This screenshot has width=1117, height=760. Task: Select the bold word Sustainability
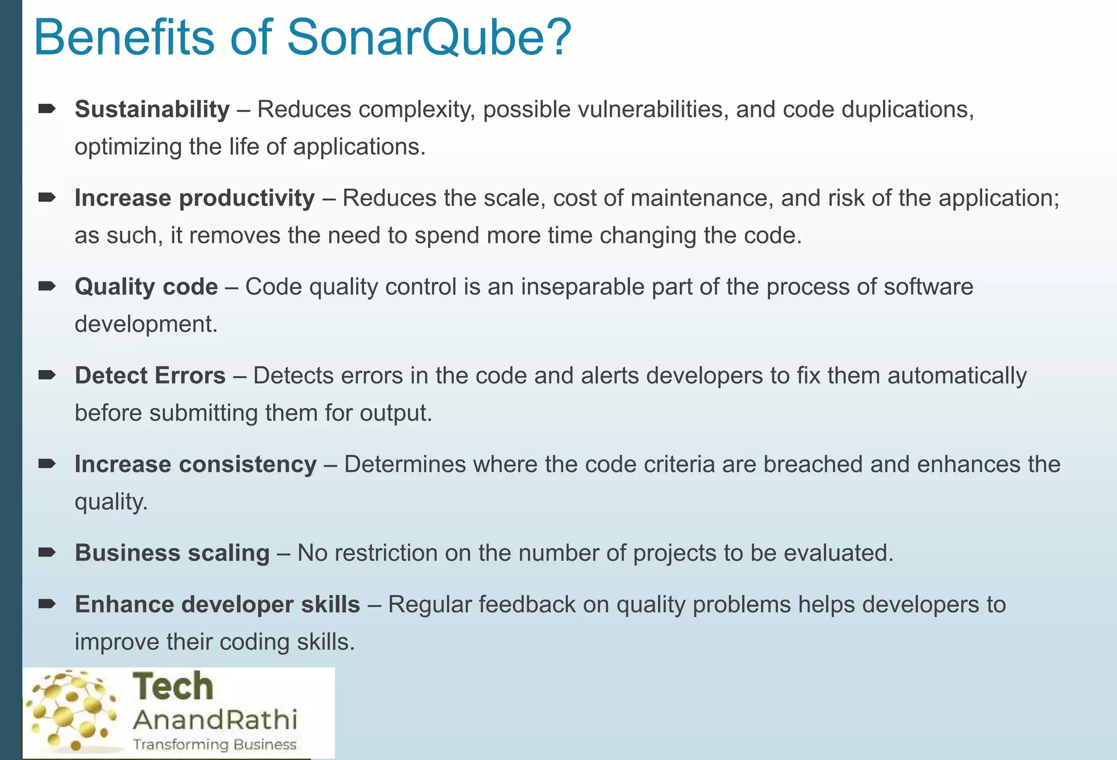(x=152, y=110)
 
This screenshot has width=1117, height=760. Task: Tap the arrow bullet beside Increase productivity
(x=47, y=198)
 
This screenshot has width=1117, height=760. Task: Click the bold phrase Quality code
(x=146, y=287)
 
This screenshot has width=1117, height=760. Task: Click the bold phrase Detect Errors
(x=150, y=376)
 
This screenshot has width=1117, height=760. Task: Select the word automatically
(x=957, y=376)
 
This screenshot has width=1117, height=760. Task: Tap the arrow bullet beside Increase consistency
(x=47, y=464)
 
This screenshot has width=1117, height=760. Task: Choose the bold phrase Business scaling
(x=172, y=553)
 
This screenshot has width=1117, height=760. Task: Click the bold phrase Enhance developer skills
(x=217, y=605)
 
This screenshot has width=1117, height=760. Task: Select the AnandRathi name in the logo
(x=215, y=720)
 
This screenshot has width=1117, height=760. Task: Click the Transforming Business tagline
(x=215, y=745)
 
